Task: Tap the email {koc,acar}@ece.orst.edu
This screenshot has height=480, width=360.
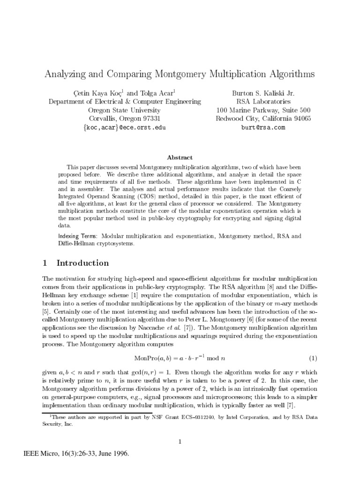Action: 125,127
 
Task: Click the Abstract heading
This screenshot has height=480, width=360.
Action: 180,157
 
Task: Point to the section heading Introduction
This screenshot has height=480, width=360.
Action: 82,263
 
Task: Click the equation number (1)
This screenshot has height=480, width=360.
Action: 313,359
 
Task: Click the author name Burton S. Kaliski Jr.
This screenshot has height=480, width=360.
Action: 263,93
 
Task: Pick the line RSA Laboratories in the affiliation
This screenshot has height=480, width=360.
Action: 263,101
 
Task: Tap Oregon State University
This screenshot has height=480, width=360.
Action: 125,110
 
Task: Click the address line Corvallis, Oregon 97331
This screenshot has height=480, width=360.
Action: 125,119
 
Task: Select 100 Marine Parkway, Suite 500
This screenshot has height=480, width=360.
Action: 263,110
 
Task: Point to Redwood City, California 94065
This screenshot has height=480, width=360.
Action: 263,119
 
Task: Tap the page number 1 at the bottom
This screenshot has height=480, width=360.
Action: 180,441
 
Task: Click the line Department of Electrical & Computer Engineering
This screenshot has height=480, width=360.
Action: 125,101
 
